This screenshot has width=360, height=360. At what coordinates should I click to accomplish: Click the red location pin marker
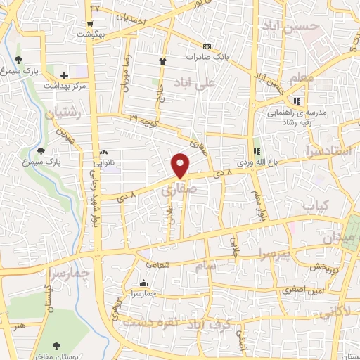[x=181, y=165]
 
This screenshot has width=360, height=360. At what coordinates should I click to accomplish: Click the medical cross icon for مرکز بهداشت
[x=65, y=75]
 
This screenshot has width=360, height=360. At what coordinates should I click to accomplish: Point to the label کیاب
[x=314, y=205]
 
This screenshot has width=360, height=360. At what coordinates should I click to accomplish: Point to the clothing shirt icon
[x=162, y=61]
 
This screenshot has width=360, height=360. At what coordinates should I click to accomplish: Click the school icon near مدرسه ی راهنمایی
[x=297, y=99]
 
